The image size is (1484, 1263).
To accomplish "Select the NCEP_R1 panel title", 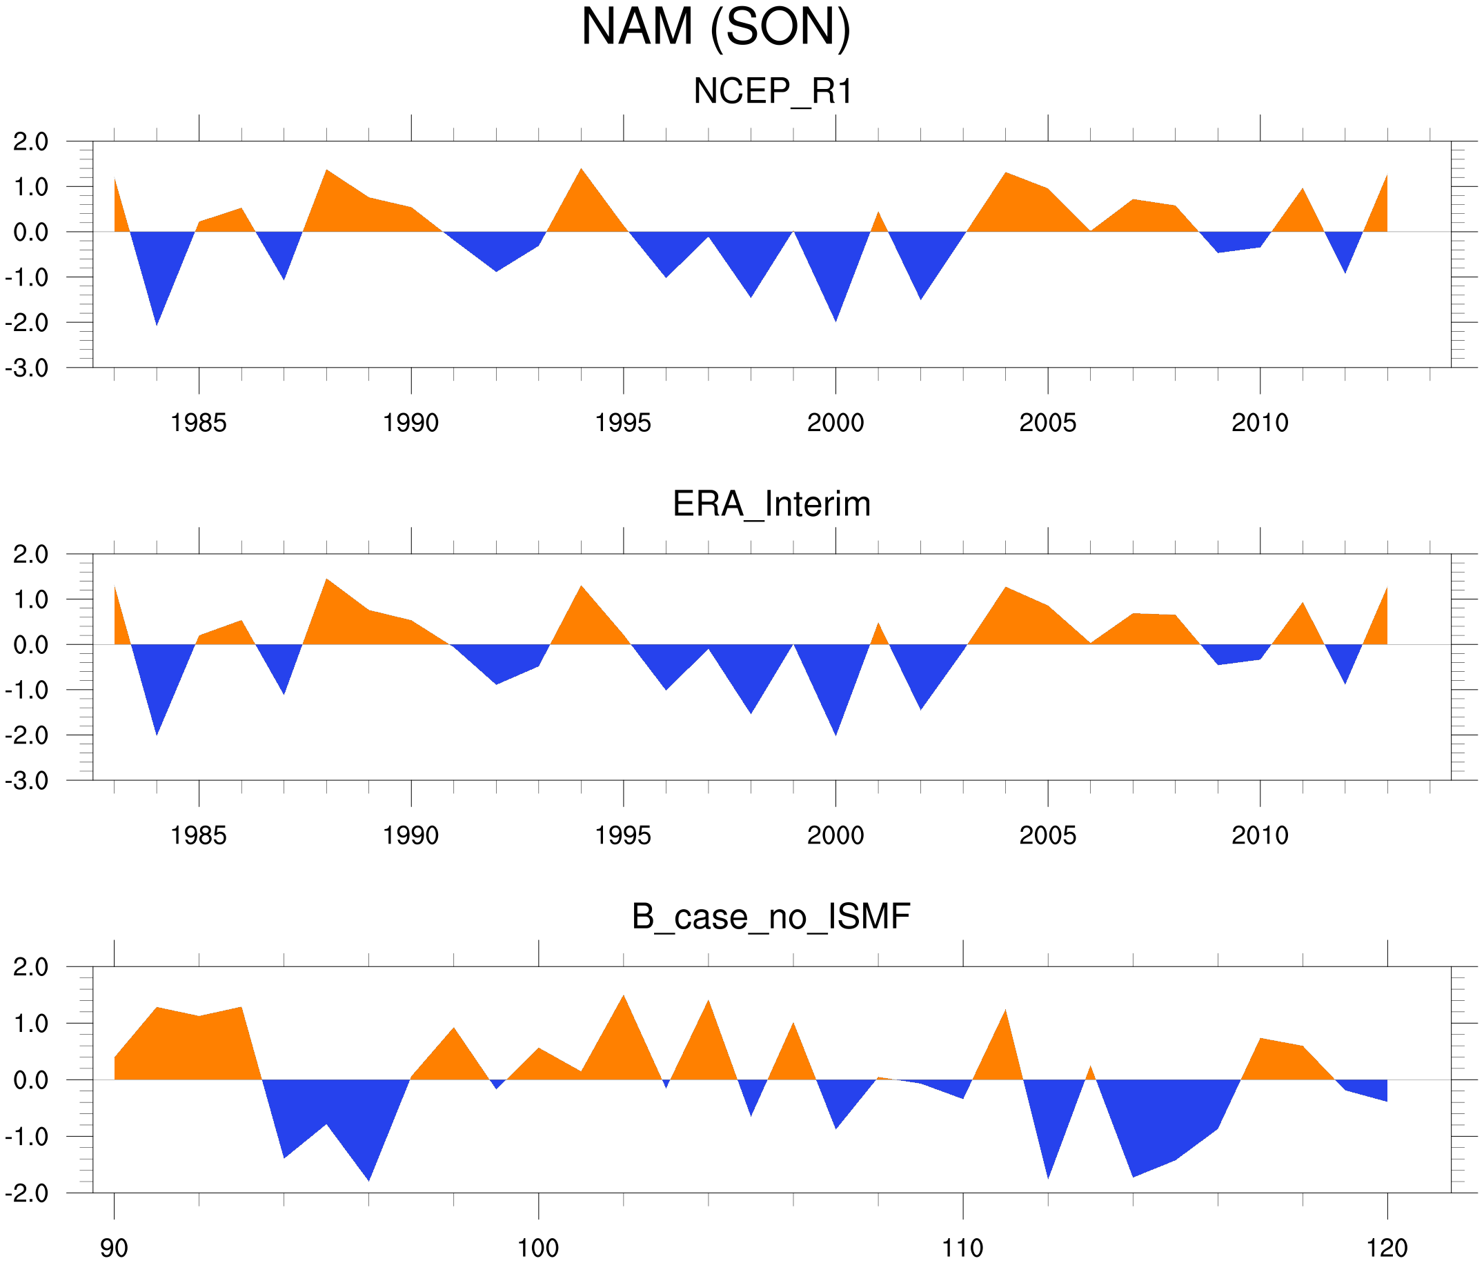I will tap(773, 92).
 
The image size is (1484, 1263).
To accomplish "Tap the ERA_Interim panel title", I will tap(771, 504).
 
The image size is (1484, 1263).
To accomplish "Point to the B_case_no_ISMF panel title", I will tap(771, 917).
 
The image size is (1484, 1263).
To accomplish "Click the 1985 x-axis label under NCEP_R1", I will tap(199, 423).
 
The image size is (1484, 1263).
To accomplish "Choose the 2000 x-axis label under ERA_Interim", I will tap(835, 835).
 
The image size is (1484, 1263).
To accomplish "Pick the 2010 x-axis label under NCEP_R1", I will tap(1260, 423).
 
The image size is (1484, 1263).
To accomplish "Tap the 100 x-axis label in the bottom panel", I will tap(538, 1249).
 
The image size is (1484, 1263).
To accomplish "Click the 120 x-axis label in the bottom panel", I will tap(1387, 1249).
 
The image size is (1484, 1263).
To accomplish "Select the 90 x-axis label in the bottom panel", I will tap(114, 1249).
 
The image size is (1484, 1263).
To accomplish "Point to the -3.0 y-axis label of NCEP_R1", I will tap(26, 369).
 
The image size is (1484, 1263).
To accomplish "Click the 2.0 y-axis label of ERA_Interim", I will tap(31, 554).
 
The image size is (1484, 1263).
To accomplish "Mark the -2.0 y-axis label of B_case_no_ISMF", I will tap(26, 1193).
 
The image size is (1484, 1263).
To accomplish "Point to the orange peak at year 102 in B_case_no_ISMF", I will tap(623, 1010).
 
